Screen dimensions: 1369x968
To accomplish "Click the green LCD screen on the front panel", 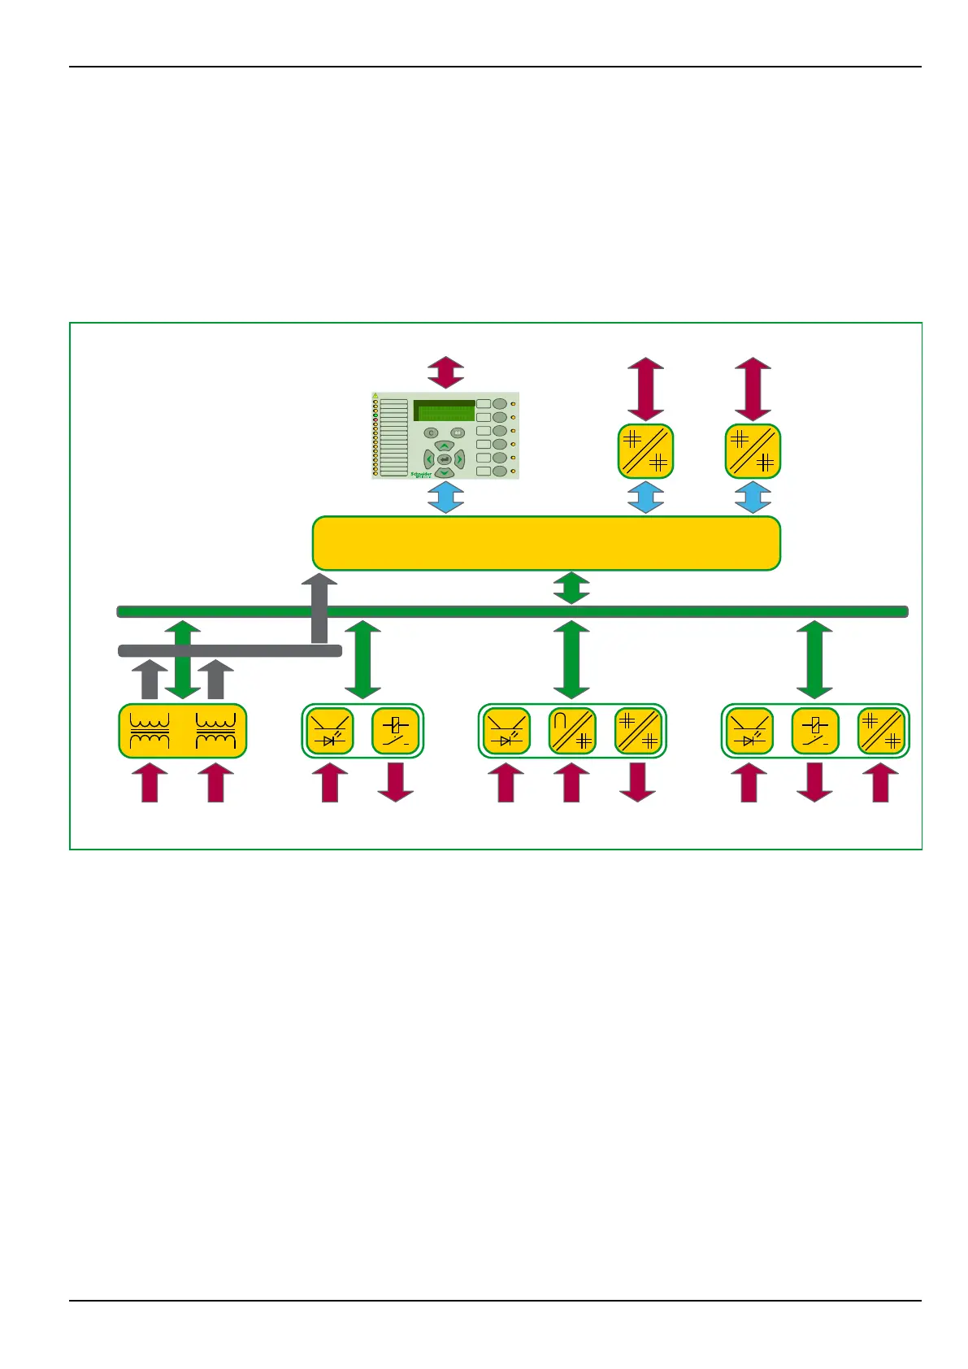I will point(444,411).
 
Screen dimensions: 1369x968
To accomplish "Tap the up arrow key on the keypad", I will point(444,445).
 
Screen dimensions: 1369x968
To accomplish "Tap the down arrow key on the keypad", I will point(444,472).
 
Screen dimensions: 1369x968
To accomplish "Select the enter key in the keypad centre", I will point(444,459).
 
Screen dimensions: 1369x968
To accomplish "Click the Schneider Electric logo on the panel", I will point(421,475).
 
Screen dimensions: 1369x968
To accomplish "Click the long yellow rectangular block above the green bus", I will point(546,543).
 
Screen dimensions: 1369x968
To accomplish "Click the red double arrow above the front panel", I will point(446,372).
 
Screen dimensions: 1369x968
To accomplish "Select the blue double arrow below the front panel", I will point(446,497).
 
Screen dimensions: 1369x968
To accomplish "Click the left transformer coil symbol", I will point(150,731).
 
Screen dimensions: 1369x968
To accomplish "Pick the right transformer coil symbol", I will point(215,731).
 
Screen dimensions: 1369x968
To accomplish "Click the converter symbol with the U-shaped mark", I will point(572,731).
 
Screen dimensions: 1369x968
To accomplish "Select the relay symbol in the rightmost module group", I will point(815,731).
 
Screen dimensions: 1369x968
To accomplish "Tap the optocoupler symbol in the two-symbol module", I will point(330,731).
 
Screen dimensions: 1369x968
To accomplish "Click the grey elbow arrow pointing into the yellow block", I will point(319,610).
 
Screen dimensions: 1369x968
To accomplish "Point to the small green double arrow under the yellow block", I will point(571,588).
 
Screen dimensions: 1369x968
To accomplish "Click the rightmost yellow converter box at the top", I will point(753,451).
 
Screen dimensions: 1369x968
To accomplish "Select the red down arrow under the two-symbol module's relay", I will point(396,782).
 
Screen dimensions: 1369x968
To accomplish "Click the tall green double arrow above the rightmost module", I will point(814,659).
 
